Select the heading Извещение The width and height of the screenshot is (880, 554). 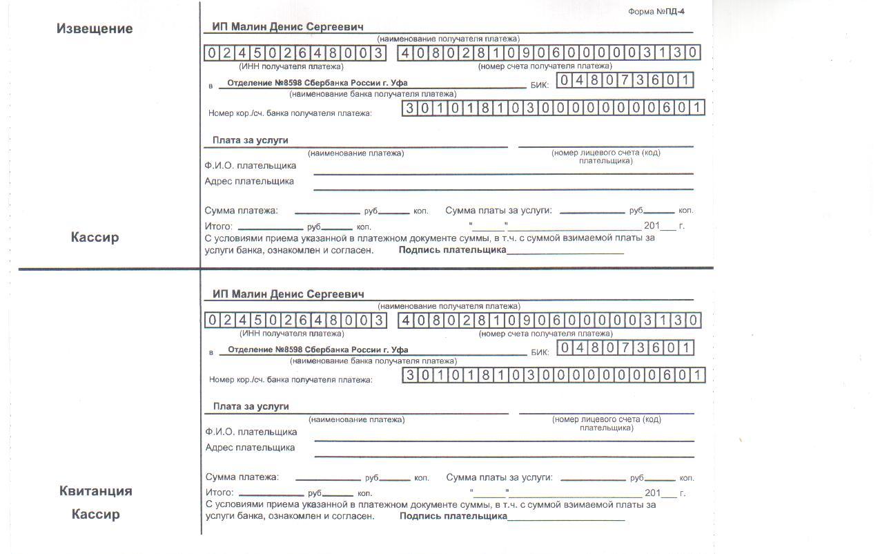pyautogui.click(x=95, y=29)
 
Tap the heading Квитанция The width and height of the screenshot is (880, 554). pyautogui.click(x=95, y=491)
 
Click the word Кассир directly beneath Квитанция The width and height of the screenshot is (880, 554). pyautogui.click(x=95, y=514)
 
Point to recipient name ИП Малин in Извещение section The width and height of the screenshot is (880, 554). pyautogui.click(x=288, y=27)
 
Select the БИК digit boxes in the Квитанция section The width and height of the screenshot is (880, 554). pyautogui.click(x=625, y=347)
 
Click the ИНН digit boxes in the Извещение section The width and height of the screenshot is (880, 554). pyautogui.click(x=295, y=53)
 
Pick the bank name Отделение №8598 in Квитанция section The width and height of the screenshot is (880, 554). pyautogui.click(x=317, y=350)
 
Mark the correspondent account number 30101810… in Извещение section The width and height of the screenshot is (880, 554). pyautogui.click(x=553, y=108)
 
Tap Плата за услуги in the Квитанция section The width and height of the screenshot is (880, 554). pyautogui.click(x=251, y=406)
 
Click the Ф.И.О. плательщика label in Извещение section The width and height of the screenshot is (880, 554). pyautogui.click(x=251, y=166)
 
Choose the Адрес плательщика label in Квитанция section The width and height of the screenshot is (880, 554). pyautogui.click(x=251, y=448)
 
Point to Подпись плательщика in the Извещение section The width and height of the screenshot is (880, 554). pyautogui.click(x=452, y=250)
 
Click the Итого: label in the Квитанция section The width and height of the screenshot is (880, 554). pyautogui.click(x=220, y=493)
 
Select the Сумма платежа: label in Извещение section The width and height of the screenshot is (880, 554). pyautogui.click(x=241, y=211)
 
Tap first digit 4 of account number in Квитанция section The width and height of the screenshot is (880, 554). pyautogui.click(x=407, y=321)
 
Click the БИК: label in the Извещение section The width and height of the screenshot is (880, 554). pyautogui.click(x=539, y=86)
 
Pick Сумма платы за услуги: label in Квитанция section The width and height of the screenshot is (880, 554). pyautogui.click(x=499, y=477)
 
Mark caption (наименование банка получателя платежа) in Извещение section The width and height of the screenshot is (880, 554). pyautogui.click(x=373, y=94)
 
